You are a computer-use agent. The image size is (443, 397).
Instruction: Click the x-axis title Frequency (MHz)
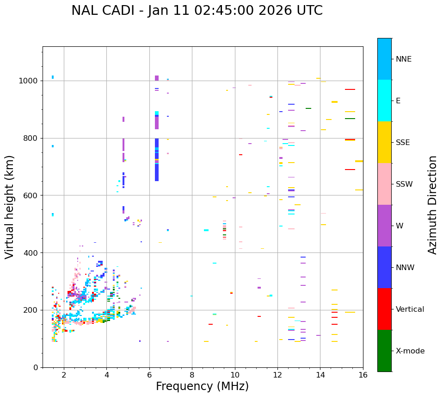[202, 386]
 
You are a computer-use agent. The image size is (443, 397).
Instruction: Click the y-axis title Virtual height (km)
[10, 207]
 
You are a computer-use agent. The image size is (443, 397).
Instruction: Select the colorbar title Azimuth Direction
[432, 205]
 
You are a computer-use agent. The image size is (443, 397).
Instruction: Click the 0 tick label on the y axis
[36, 367]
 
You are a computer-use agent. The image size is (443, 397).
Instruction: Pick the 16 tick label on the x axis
[363, 375]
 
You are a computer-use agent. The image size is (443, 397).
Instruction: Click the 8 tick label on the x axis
[192, 375]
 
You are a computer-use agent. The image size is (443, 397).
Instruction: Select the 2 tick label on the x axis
[64, 375]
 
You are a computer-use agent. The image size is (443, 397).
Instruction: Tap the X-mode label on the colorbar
[410, 351]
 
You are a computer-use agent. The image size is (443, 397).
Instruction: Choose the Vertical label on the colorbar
[410, 309]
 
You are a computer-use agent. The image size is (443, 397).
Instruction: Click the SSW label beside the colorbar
[404, 184]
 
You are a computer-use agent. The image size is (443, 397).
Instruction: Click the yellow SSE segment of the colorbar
[384, 142]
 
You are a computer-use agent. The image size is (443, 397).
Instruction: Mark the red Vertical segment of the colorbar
[384, 309]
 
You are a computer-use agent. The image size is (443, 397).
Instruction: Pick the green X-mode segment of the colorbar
[384, 351]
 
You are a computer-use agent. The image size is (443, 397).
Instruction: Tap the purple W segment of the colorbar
[384, 226]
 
